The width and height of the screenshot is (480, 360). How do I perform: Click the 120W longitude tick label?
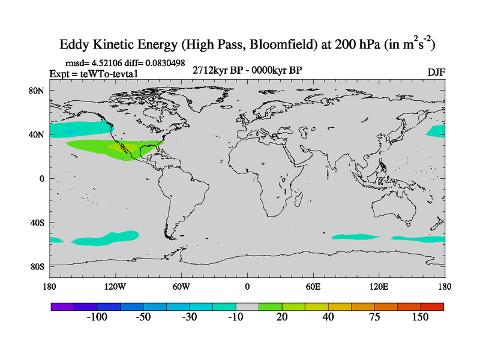click(115, 286)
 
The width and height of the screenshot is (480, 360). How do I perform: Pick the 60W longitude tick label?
click(181, 286)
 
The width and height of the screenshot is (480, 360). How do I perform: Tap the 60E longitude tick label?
click(313, 286)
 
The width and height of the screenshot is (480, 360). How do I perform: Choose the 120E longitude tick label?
click(379, 286)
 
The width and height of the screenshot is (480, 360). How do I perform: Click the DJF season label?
click(436, 72)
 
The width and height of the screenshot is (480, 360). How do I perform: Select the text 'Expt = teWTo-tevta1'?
click(94, 73)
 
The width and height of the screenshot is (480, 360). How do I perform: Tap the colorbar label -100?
click(96, 317)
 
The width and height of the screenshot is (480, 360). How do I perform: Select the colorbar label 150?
click(420, 317)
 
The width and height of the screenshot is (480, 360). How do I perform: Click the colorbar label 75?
click(374, 317)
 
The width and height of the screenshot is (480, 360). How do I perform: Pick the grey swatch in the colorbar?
click(247, 306)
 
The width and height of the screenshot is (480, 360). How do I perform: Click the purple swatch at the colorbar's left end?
click(62, 306)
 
